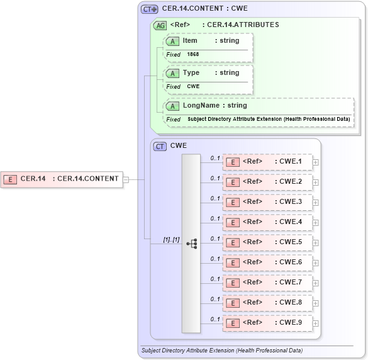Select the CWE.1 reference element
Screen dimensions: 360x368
(267, 162)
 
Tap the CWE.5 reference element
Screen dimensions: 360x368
(267, 242)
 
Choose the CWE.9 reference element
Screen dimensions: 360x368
(267, 323)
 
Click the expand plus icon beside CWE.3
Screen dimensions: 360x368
(315, 203)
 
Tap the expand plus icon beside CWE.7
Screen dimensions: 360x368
(315, 283)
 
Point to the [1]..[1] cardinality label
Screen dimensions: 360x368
(171, 240)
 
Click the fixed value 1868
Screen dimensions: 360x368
(192, 55)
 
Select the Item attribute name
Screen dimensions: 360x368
(190, 41)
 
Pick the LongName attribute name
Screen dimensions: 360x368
(201, 106)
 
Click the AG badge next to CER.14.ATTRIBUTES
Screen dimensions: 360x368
(160, 26)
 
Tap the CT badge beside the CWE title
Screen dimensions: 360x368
(160, 146)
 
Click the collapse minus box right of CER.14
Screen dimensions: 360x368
(126, 179)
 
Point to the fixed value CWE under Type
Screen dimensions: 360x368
(193, 87)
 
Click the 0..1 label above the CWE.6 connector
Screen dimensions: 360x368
(215, 259)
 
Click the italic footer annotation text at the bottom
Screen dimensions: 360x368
(221, 350)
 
